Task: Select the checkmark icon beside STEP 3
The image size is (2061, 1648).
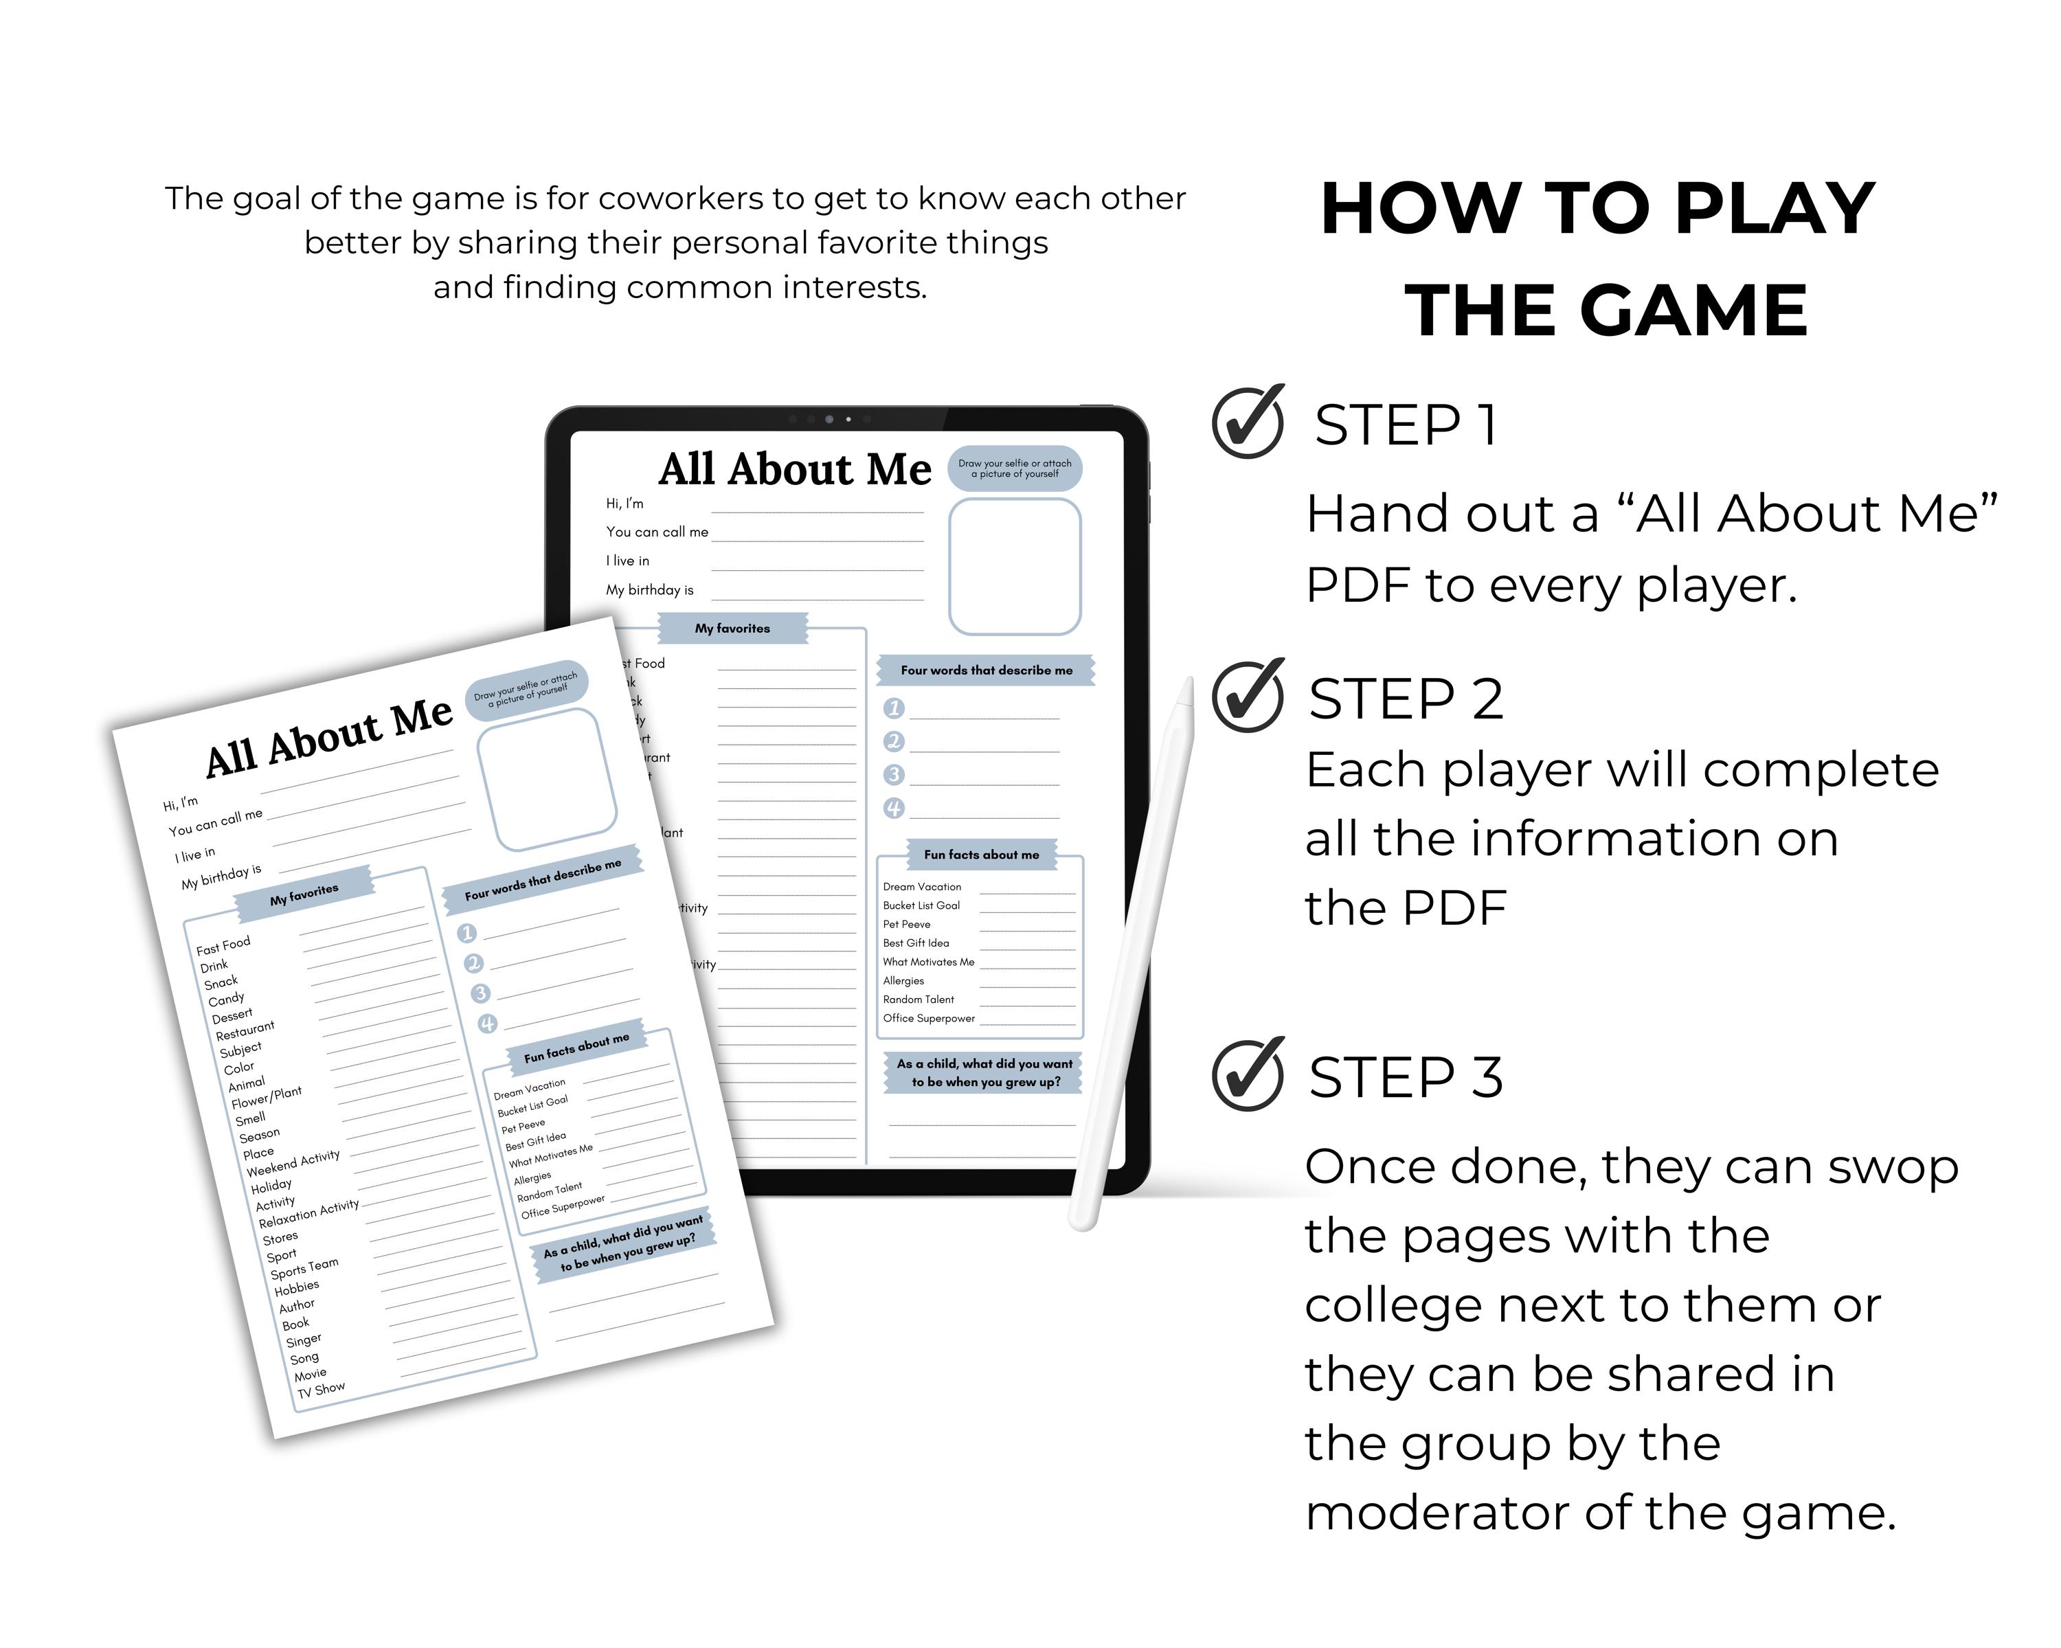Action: tap(1248, 1074)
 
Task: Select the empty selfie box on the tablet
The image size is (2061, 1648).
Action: tap(1014, 566)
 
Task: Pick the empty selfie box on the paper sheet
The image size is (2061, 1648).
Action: tap(546, 779)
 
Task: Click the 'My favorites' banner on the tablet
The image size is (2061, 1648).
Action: tap(732, 628)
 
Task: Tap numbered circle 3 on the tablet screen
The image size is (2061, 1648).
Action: tap(894, 774)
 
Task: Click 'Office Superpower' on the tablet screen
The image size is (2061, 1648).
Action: tap(928, 1018)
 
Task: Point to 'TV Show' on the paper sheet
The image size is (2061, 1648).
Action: tap(322, 1390)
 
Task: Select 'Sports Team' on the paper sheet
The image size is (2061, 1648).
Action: tap(304, 1269)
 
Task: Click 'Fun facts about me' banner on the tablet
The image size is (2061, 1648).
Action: tap(981, 855)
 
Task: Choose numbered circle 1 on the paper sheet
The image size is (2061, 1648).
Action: tap(466, 933)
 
